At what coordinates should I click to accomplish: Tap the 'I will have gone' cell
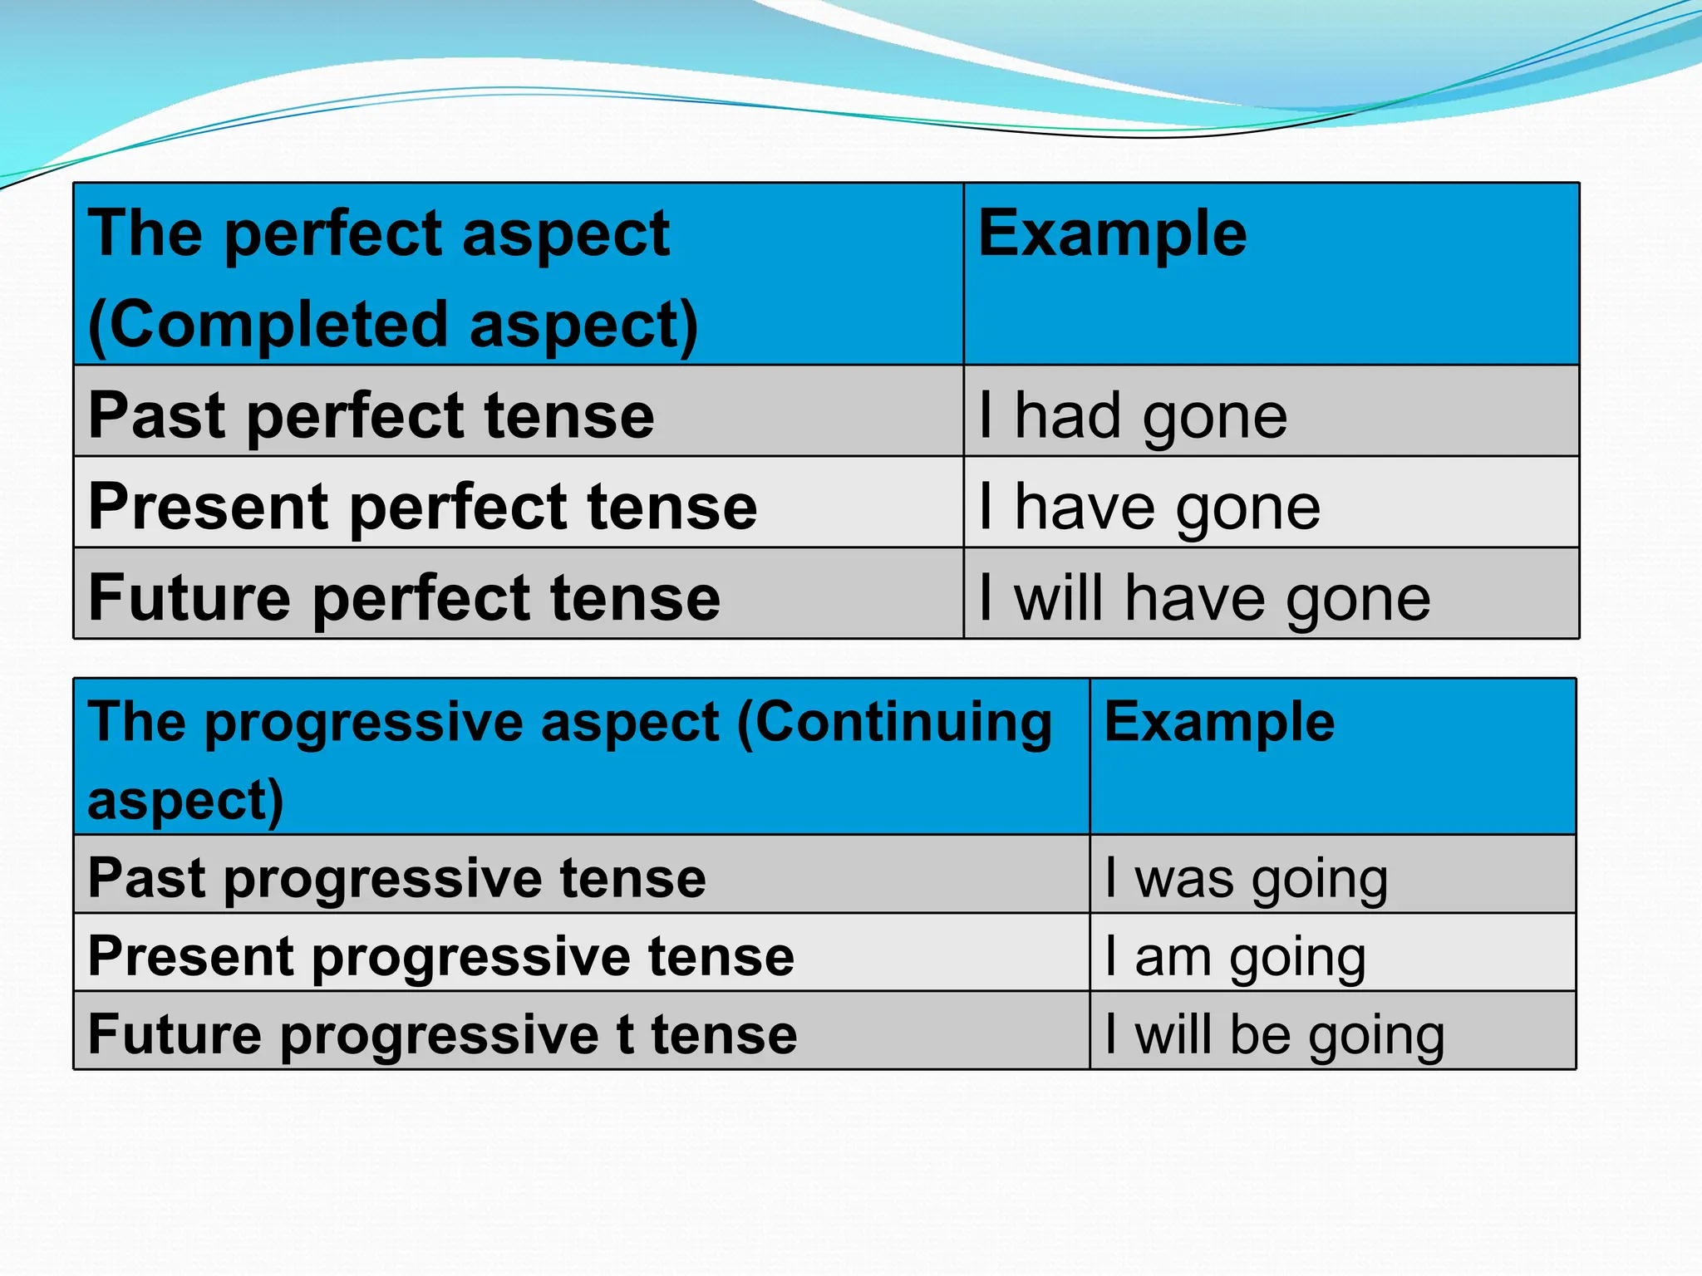tap(1204, 598)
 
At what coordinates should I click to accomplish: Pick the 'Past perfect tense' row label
tap(371, 415)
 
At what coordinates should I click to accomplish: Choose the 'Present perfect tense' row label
tap(423, 507)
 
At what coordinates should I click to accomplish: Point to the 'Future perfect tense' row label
tap(405, 598)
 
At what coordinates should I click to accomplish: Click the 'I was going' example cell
tap(1246, 878)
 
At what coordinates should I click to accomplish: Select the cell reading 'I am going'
tap(1235, 956)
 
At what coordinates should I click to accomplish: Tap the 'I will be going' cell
tap(1275, 1034)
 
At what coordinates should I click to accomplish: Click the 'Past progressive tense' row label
tap(397, 878)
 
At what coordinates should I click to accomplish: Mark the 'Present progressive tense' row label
tap(441, 956)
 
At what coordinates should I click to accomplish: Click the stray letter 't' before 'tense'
tap(624, 1034)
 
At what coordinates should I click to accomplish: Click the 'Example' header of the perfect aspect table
tap(1112, 233)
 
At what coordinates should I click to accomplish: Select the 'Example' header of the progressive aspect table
tap(1219, 721)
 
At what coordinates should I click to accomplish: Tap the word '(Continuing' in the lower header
tap(894, 721)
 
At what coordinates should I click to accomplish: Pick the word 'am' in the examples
tap(1173, 956)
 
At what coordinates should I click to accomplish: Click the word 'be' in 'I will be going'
tap(1260, 1034)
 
